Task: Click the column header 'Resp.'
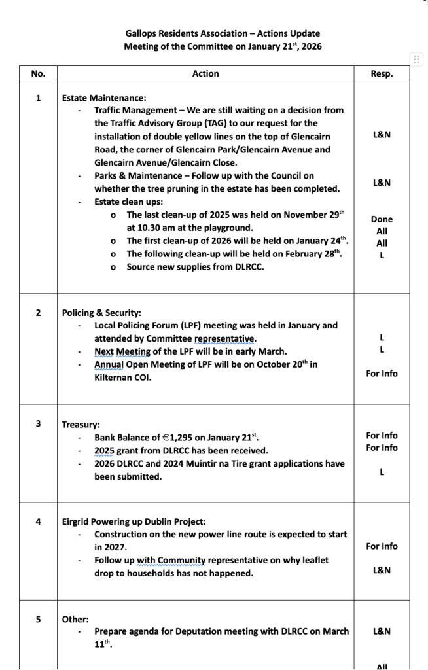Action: (382, 74)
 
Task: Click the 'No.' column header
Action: (38, 74)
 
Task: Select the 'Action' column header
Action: (205, 74)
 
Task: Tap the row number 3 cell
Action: (38, 423)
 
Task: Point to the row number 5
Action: (38, 618)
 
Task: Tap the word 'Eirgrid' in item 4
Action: (77, 521)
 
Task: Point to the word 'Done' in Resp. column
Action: (382, 219)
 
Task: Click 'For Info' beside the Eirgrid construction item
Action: (382, 546)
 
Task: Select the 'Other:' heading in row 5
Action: (75, 619)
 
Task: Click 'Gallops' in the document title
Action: (141, 33)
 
